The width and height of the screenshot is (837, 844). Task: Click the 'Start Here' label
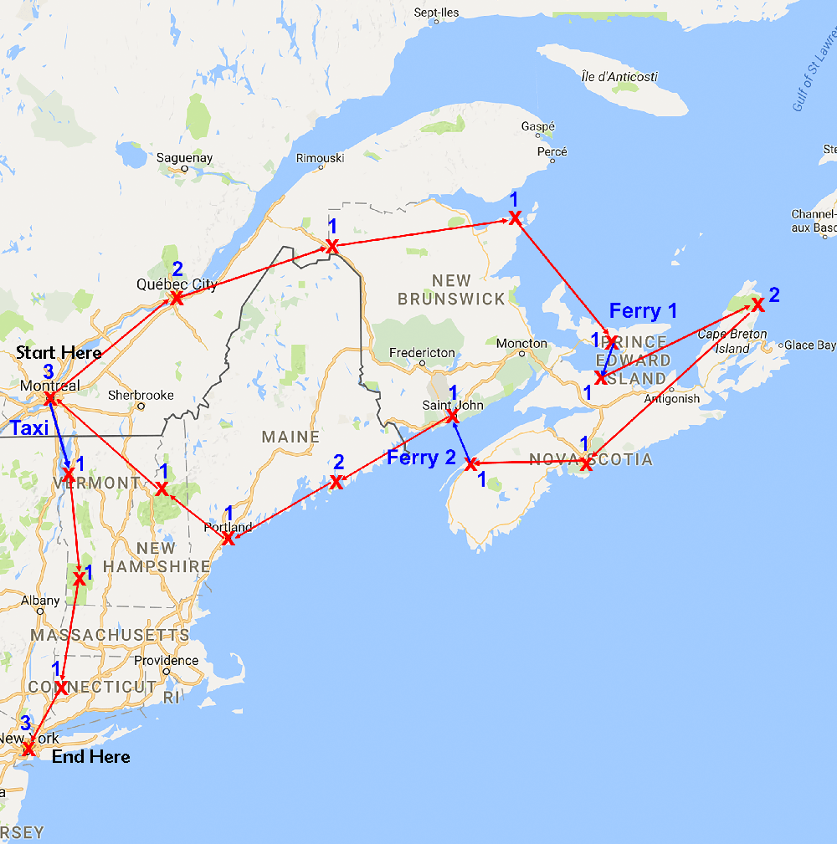(58, 352)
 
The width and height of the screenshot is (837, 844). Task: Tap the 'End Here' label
(91, 757)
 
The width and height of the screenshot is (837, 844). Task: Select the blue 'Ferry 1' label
(643, 311)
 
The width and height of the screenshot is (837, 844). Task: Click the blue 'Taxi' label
(29, 428)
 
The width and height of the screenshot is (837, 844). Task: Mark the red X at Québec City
(177, 298)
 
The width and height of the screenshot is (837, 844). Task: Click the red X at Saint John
(452, 416)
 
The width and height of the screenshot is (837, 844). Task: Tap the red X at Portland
(227, 538)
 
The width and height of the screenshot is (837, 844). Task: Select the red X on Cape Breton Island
(757, 304)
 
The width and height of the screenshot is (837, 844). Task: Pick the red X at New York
(28, 748)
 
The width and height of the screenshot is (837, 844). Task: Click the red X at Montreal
(49, 399)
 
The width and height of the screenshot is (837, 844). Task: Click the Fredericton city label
(422, 352)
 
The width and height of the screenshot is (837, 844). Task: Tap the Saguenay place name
(184, 157)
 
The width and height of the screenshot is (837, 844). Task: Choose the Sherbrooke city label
(141, 395)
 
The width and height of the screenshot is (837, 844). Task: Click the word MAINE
(290, 437)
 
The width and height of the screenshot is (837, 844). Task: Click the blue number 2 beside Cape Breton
(774, 294)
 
